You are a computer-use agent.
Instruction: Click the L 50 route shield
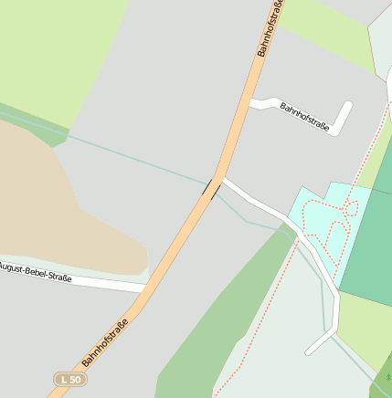click(69, 379)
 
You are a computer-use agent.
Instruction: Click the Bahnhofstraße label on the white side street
click(304, 113)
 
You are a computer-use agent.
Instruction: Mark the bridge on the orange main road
click(210, 189)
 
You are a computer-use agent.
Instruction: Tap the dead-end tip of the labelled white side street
click(348, 105)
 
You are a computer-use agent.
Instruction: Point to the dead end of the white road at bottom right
click(309, 351)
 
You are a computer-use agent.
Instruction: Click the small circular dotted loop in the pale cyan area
click(350, 208)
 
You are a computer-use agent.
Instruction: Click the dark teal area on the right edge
click(370, 246)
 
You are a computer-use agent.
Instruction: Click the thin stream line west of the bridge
click(137, 156)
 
